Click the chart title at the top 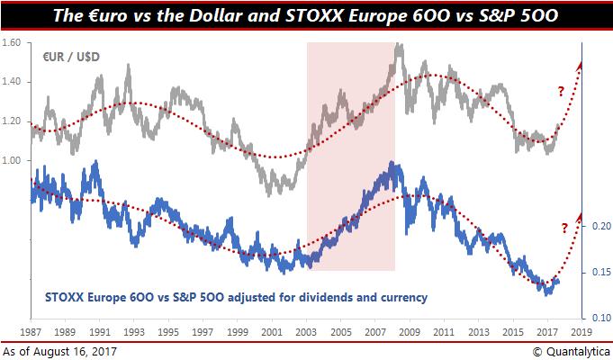pos(306,15)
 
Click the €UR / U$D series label pos(71,57)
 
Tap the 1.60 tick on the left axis pos(13,43)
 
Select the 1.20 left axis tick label pos(13,121)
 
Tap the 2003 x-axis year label pos(307,332)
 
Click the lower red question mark pos(564,227)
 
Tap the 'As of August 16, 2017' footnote pos(59,349)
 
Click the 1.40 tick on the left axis pos(13,82)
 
